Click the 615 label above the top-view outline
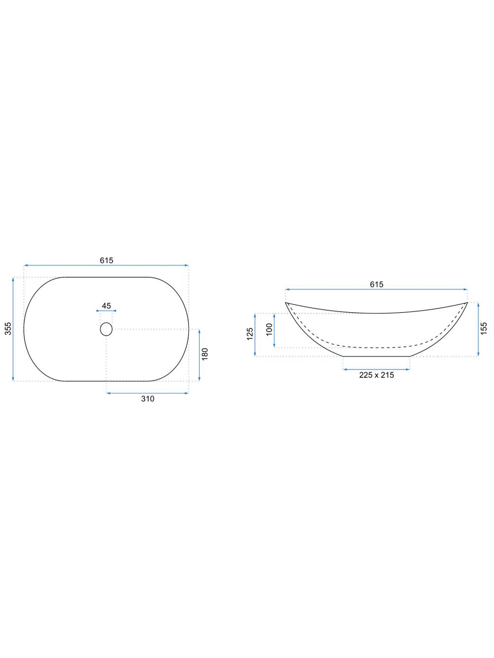(107, 260)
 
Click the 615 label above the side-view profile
(376, 284)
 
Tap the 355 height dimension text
(8, 329)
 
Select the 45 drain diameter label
(106, 306)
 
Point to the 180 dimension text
(205, 354)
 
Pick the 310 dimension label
(148, 399)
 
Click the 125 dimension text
(249, 334)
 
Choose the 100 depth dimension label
(269, 329)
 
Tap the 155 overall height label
(484, 329)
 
